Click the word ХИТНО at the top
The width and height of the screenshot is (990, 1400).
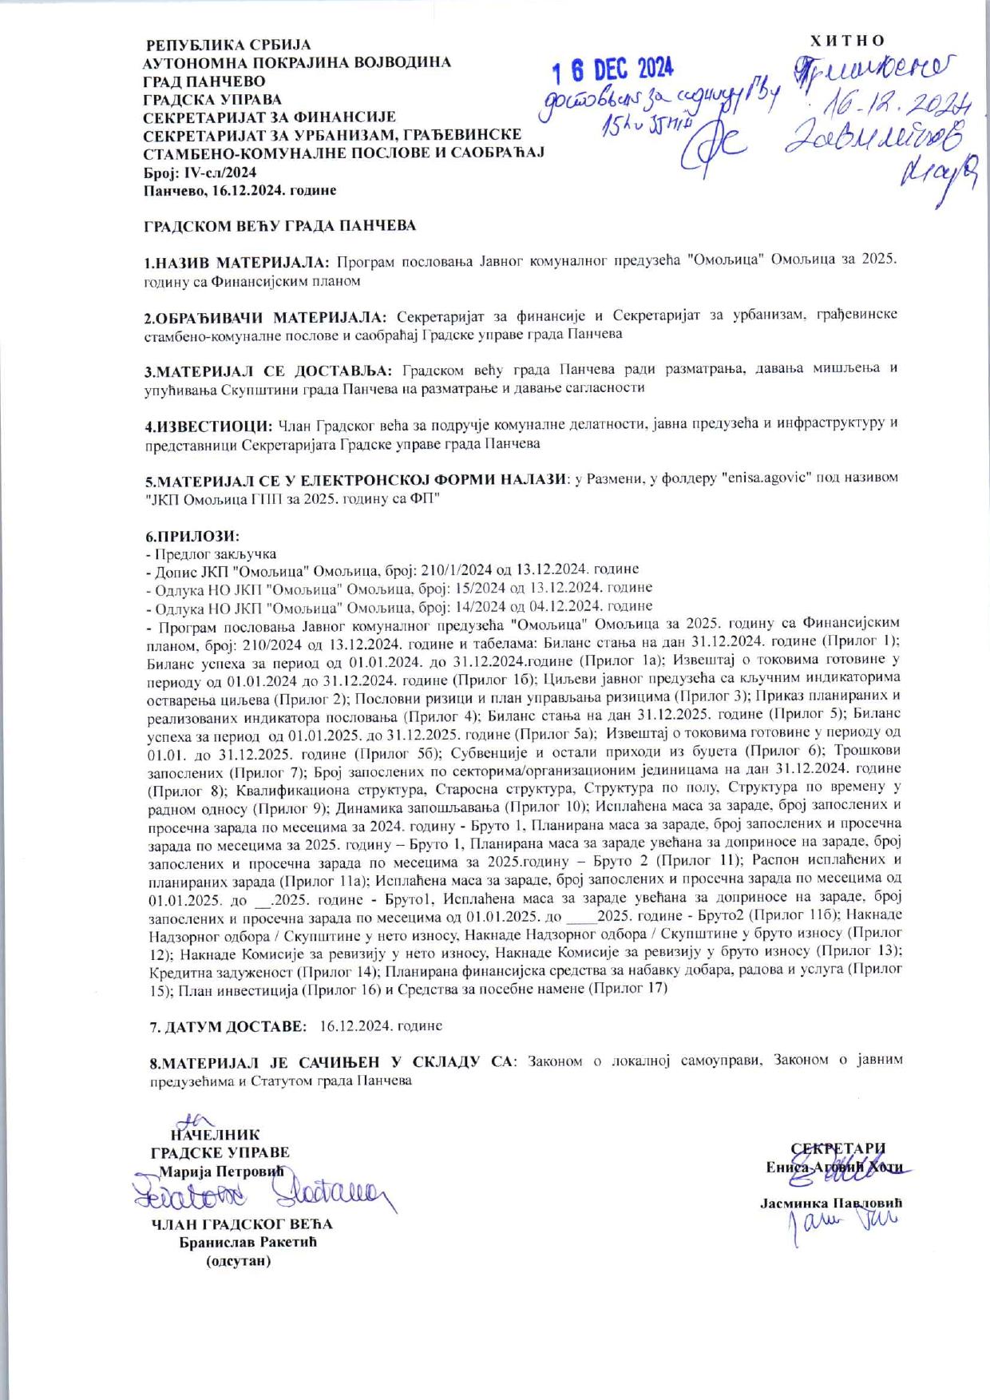[x=847, y=41]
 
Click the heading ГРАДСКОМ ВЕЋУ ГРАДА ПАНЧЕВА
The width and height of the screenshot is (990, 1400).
[x=279, y=226]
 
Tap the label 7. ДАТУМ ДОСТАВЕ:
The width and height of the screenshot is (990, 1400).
[x=228, y=1025]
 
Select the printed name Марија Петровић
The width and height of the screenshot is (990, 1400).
[x=221, y=1171]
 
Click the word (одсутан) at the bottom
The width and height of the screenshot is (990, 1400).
[x=238, y=1261]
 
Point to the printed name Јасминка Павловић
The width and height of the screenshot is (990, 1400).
[x=831, y=1203]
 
